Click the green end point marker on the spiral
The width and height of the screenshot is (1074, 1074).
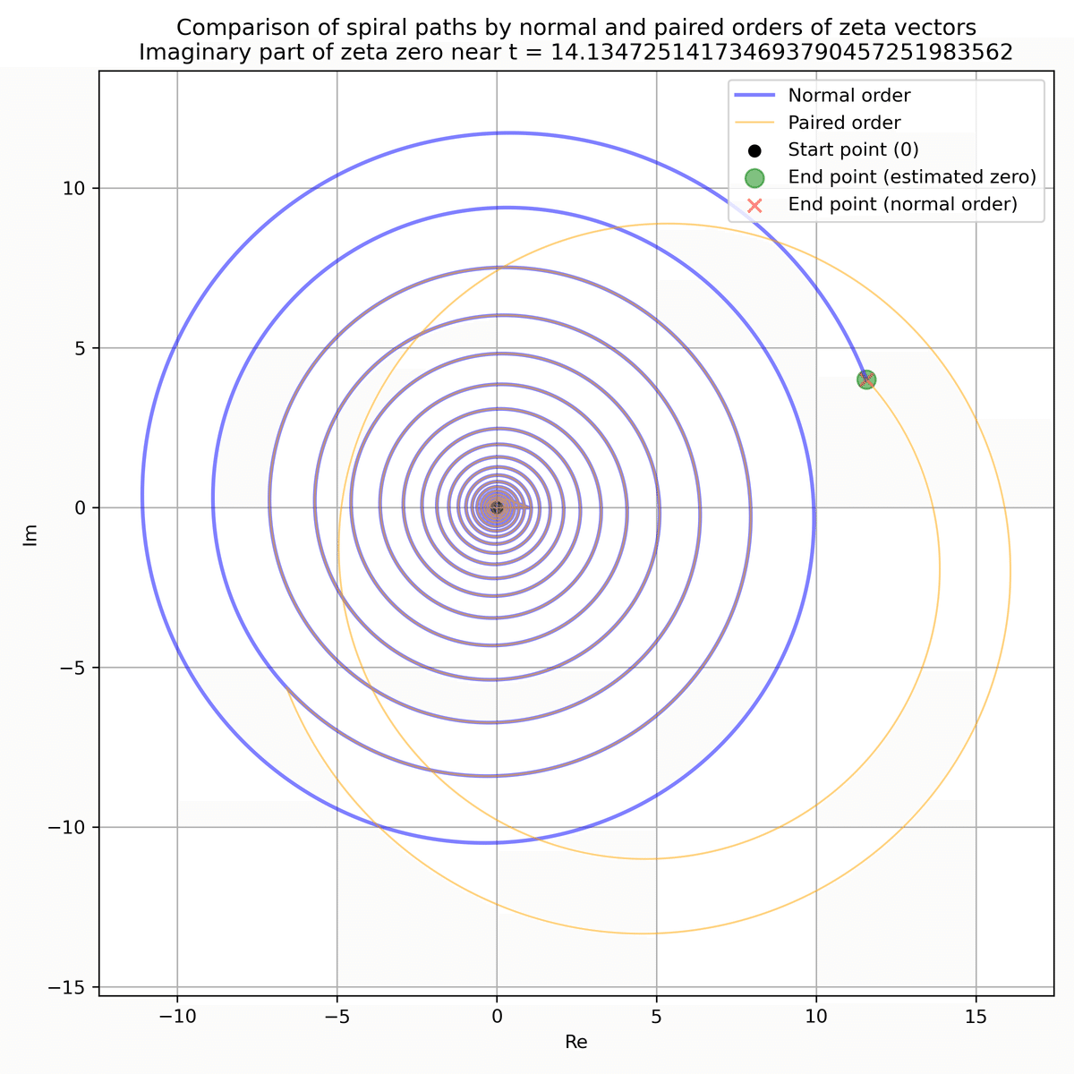(865, 379)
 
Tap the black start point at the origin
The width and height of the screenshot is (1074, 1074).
(497, 507)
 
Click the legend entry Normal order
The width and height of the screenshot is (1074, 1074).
(848, 95)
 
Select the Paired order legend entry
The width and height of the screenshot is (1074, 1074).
(844, 123)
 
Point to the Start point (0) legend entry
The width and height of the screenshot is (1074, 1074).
(853, 149)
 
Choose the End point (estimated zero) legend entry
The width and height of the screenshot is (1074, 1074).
(911, 177)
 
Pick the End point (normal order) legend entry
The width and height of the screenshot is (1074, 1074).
(902, 204)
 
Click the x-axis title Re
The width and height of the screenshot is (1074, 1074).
(575, 1042)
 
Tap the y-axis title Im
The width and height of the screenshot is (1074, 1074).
(31, 534)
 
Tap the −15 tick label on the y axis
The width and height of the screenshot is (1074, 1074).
(69, 987)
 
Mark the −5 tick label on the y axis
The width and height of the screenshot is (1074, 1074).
(73, 668)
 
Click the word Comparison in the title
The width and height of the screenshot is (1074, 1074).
(228, 28)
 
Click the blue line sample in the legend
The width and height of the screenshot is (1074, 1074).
(754, 95)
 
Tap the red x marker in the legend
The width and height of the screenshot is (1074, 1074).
(754, 205)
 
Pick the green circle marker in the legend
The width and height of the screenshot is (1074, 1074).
(754, 177)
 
